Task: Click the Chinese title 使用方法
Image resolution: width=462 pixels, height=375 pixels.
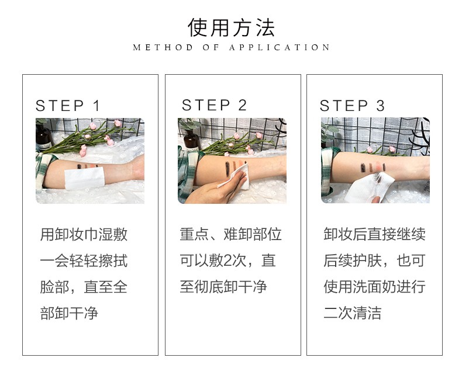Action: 231,27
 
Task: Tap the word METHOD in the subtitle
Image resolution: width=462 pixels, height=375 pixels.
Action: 163,47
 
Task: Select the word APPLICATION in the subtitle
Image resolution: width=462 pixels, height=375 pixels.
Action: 280,47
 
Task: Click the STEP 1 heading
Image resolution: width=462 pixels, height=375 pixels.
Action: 67,106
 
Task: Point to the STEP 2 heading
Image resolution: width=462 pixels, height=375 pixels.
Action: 214,105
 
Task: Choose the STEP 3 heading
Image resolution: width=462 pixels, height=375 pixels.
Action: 352,106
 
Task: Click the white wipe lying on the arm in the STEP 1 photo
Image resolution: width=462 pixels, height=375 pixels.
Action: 85,178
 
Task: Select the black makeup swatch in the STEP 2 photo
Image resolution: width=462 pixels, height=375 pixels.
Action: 227,169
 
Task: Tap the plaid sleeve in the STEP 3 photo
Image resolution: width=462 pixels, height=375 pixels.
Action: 327,171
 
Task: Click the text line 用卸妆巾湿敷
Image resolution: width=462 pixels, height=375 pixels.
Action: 84,235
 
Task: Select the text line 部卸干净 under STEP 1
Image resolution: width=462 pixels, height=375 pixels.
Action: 69,313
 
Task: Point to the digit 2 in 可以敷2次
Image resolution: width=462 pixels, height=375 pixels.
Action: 227,261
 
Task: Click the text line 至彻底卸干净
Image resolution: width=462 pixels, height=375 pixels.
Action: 223,287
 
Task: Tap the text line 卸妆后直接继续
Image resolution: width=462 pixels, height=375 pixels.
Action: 374,235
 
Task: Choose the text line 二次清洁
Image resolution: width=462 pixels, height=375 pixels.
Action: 353,313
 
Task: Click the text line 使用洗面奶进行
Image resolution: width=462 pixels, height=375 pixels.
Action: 374,287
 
